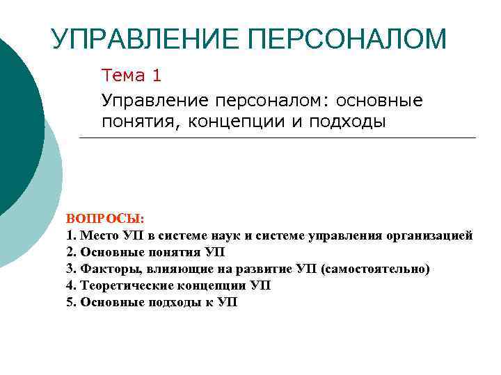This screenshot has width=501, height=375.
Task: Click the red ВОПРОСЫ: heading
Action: point(105,219)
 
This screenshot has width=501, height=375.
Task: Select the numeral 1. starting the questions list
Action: point(72,235)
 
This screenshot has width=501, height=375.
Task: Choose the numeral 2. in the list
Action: point(72,252)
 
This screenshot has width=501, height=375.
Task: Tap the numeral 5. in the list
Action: point(72,302)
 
